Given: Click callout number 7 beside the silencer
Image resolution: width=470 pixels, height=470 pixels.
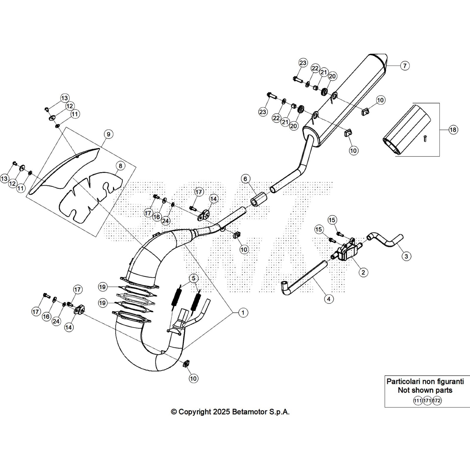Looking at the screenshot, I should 405,66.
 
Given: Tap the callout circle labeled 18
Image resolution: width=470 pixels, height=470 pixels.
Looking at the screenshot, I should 453,130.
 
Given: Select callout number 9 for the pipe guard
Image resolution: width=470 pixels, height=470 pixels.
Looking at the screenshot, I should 108,134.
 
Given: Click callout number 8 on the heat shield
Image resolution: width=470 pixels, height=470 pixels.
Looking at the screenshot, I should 120,166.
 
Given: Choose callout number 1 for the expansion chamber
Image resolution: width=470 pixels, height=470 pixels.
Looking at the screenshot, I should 243,313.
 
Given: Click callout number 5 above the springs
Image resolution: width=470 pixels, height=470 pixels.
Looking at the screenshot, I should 194,278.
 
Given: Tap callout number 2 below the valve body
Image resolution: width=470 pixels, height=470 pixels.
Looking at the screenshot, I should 363,272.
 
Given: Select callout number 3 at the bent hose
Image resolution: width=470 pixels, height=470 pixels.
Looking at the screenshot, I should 406,256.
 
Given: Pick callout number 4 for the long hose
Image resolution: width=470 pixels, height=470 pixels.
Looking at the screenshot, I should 328,299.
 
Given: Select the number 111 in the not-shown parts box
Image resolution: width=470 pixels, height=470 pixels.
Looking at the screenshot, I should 417,401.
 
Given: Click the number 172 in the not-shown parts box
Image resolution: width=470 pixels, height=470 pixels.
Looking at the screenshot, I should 437,401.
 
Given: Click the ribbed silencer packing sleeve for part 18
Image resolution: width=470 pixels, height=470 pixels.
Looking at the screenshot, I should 407,129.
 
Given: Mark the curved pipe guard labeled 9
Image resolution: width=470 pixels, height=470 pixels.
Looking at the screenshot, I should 65,170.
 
